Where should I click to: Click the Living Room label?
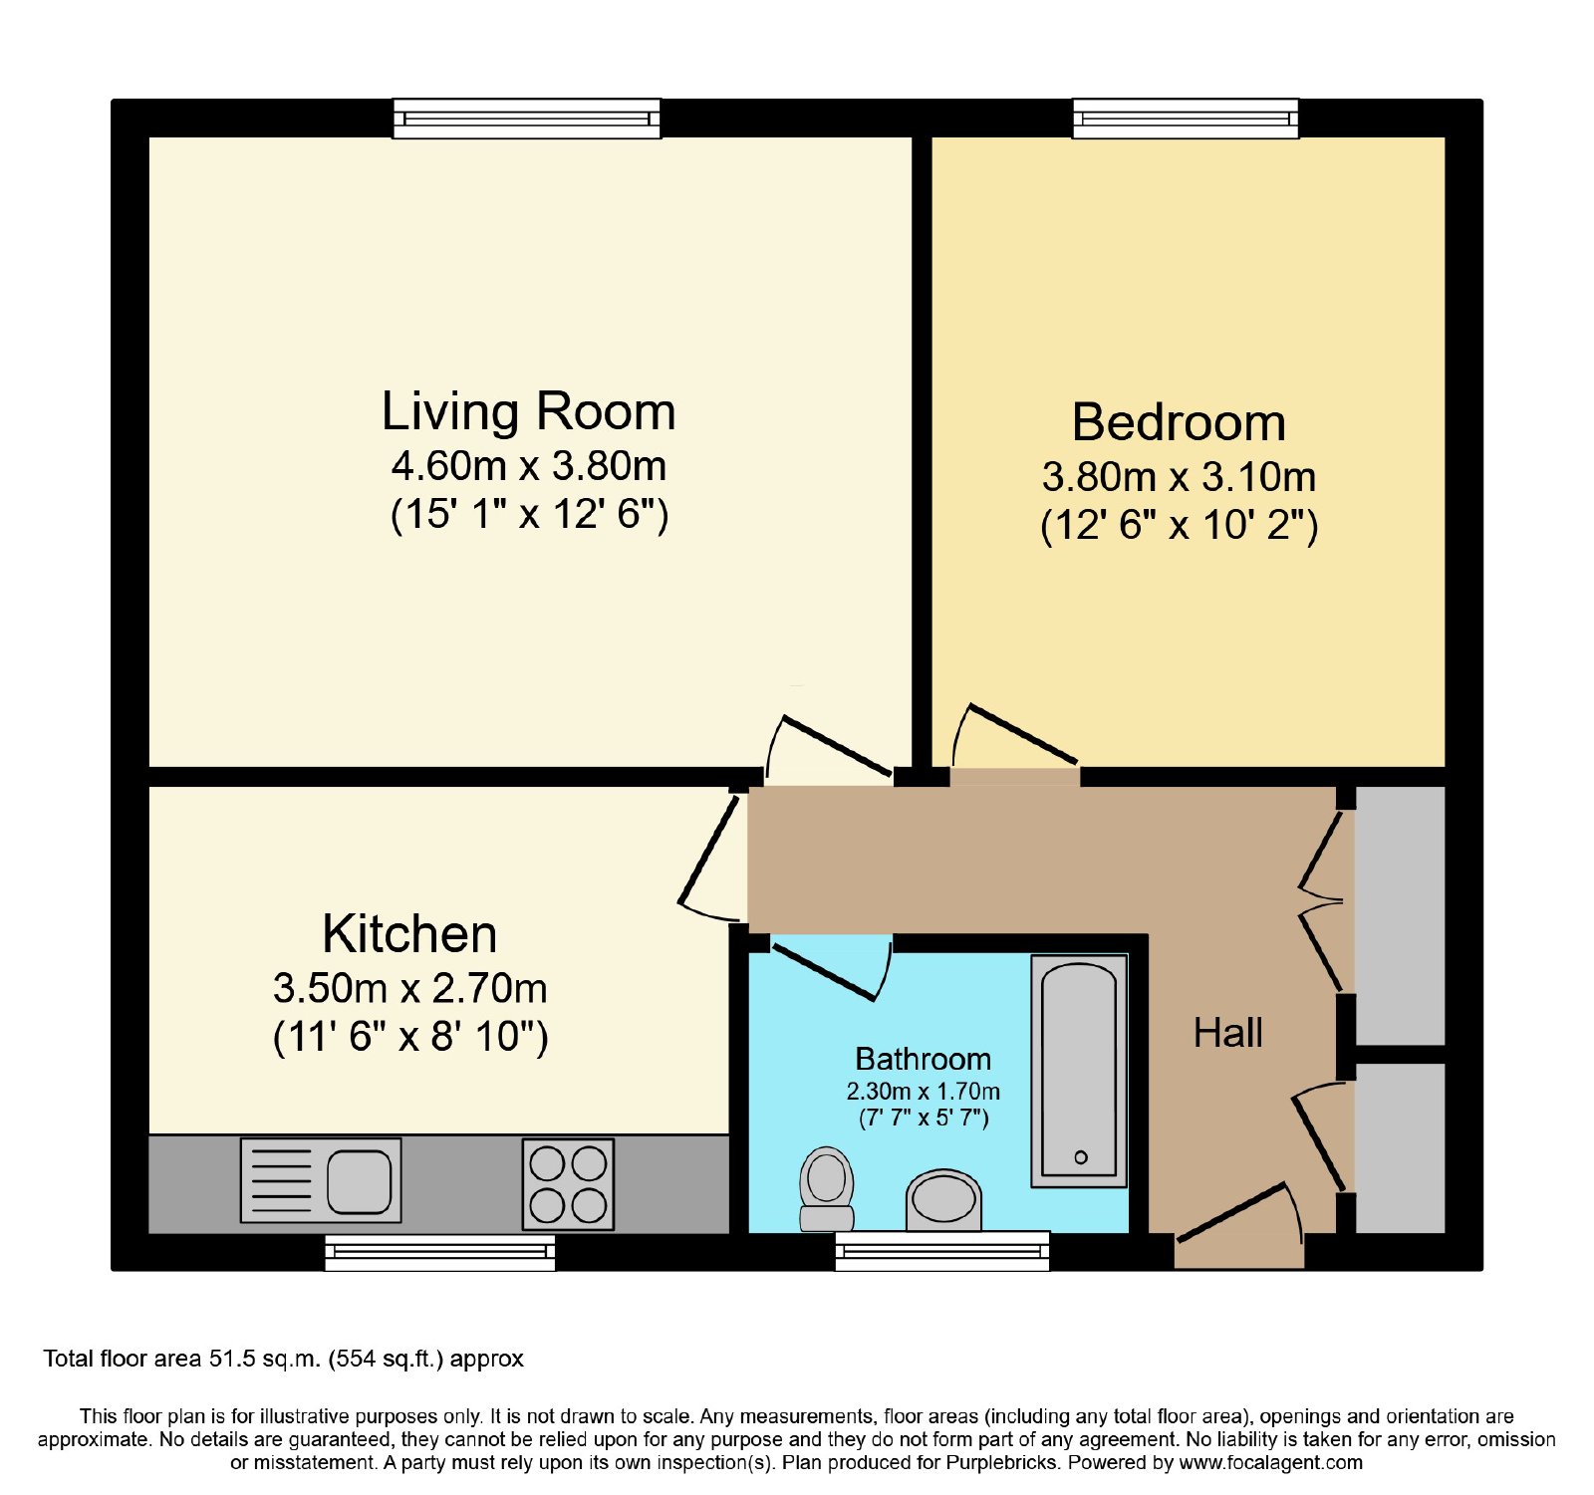(x=528, y=411)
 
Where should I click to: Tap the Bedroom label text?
(x=1179, y=422)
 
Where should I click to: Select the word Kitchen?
(x=409, y=934)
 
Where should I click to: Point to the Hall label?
(x=1228, y=1033)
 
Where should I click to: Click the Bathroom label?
(x=924, y=1059)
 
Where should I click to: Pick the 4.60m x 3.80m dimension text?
(x=528, y=465)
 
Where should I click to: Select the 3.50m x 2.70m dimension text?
(x=409, y=988)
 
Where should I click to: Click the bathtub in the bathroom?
(x=1079, y=1072)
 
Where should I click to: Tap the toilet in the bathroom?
(x=827, y=1189)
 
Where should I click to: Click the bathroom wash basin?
(x=943, y=1200)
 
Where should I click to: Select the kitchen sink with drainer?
(x=321, y=1180)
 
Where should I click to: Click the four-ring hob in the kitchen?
(x=568, y=1184)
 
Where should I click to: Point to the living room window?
(x=527, y=119)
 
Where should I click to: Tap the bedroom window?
(x=1186, y=119)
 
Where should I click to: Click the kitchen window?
(x=440, y=1252)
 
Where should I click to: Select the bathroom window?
(x=942, y=1251)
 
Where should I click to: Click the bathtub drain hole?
(x=1081, y=1157)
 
